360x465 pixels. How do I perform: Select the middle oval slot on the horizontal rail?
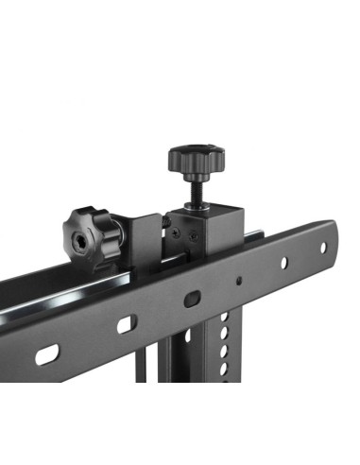point(124,324)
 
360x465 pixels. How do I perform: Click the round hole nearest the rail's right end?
point(323,248)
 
